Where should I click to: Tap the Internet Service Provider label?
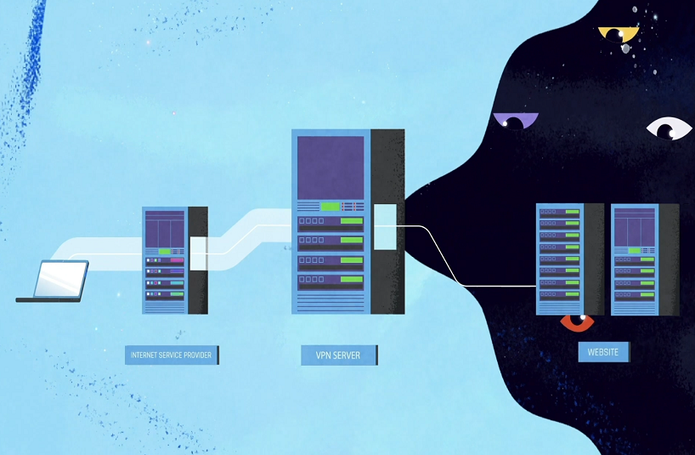point(172,354)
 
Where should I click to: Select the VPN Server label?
point(339,355)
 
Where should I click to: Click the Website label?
point(602,351)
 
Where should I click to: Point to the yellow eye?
point(618,34)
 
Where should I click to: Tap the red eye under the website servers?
point(577,322)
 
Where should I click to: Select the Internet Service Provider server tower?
point(165,260)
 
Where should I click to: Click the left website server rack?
point(559,259)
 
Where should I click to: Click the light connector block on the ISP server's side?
point(199,253)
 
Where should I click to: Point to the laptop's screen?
point(61,278)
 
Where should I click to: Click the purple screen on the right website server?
point(634,226)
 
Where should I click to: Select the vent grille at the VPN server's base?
point(331,303)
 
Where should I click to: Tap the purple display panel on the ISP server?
point(165,228)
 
